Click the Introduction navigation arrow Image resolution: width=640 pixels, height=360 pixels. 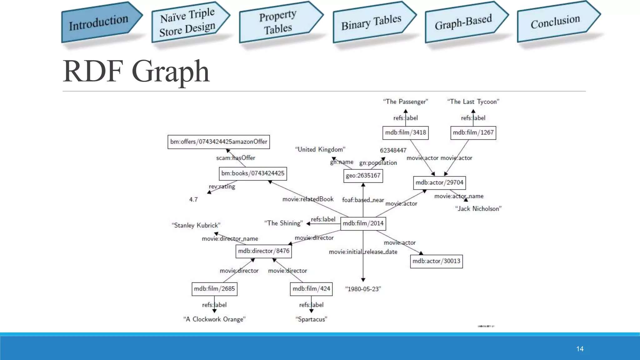point(99,22)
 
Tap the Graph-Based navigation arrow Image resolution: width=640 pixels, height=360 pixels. point(464,22)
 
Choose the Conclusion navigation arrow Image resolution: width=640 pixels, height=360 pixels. point(556,22)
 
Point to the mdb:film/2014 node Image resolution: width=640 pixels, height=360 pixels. point(363,223)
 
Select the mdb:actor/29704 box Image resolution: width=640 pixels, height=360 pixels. point(439,183)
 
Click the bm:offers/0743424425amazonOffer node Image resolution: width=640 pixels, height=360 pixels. point(218,142)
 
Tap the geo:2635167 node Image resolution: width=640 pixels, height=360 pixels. point(363,176)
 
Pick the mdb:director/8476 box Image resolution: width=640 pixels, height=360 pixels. point(263,251)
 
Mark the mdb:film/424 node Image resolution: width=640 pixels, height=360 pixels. point(311,289)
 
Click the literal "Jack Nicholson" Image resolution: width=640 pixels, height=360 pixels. point(478,209)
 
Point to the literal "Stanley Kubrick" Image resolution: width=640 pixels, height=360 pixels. point(196,225)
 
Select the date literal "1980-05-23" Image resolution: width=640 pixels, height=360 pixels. point(363,289)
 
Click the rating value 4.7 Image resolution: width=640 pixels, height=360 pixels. point(193,200)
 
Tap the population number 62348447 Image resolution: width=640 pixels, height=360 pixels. point(393,150)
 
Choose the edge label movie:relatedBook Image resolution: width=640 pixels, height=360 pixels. point(308,199)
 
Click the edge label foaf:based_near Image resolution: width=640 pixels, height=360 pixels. point(363,200)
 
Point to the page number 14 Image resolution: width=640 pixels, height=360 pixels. point(580,349)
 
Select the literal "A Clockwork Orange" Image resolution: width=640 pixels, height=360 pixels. point(214,319)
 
